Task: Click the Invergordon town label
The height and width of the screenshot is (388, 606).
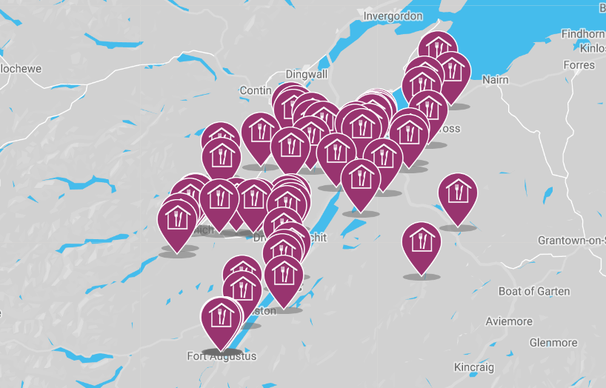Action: pos(393,16)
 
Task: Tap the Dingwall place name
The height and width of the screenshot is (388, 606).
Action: pos(306,74)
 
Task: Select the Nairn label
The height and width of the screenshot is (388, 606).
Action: pos(495,79)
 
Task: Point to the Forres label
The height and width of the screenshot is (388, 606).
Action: pos(579,64)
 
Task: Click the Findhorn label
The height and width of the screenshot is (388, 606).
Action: pos(583,34)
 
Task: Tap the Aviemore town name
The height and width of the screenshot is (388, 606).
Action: pos(509,321)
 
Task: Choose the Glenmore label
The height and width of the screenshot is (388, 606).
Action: pos(553,343)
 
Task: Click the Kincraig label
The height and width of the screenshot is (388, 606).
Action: pos(474,367)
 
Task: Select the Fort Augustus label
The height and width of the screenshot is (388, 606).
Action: pos(222,356)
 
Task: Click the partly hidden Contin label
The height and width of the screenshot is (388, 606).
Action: pos(256,90)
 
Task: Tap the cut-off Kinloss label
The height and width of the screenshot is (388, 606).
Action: pos(593,48)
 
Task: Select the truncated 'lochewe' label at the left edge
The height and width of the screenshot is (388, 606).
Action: pos(21,68)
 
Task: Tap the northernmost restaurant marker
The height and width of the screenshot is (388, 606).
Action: pos(438,50)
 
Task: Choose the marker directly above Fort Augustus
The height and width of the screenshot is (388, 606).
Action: pos(221,318)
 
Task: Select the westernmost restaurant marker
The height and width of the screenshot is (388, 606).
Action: pos(177,221)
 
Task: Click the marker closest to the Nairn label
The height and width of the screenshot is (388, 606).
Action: pos(452,73)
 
